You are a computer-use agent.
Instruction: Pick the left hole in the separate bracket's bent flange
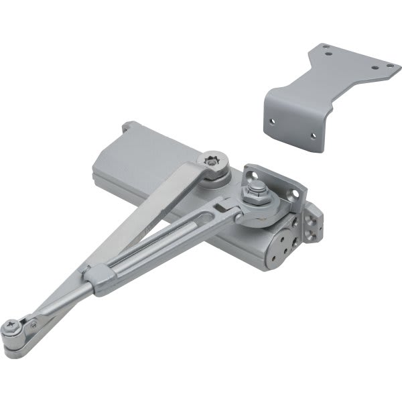tap(273, 121)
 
